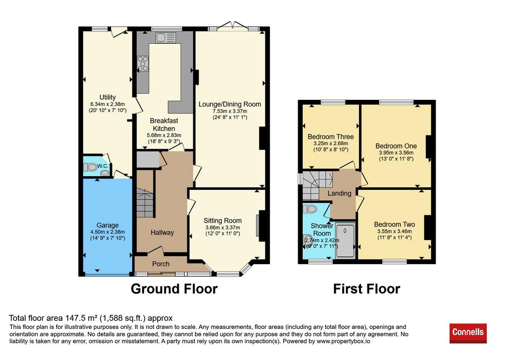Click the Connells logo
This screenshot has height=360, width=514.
468,333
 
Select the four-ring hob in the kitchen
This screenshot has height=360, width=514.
143,63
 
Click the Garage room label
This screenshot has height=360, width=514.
107,225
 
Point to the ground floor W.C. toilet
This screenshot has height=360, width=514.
90,167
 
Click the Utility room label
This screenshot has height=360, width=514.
107,97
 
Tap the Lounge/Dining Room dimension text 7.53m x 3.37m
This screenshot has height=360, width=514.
230,111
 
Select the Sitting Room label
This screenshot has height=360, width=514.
222,220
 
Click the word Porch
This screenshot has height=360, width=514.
161,264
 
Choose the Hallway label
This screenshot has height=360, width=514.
162,232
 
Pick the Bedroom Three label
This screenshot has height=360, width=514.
330,137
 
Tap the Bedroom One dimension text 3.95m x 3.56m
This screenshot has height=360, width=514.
396,153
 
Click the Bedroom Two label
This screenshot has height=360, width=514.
395,224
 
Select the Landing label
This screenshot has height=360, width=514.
339,193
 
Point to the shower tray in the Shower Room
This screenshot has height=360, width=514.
345,241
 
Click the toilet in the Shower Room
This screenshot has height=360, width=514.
309,208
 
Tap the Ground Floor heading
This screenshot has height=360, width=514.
174,289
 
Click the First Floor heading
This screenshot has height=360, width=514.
366,289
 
